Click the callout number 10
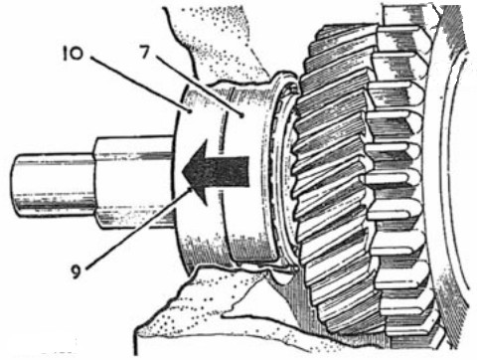pyautogui.click(x=74, y=54)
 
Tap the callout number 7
pyautogui.click(x=145, y=52)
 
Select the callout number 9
pyautogui.click(x=77, y=271)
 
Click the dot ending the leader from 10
pyautogui.click(x=190, y=112)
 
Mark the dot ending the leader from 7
pyautogui.click(x=242, y=115)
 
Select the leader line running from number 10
pyautogui.click(x=139, y=85)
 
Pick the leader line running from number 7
pyautogui.click(x=199, y=86)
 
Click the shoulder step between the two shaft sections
pyautogui.click(x=95, y=183)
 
